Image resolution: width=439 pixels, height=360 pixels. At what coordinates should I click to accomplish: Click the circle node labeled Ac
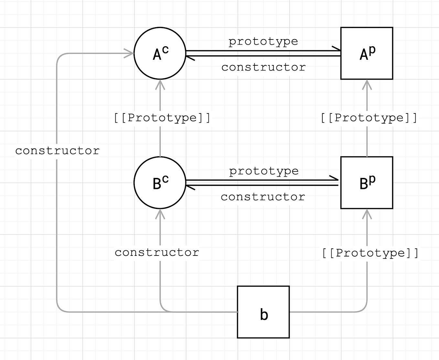160,53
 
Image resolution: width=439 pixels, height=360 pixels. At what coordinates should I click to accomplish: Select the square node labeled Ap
367,53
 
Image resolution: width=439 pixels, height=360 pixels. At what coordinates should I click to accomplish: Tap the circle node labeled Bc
160,183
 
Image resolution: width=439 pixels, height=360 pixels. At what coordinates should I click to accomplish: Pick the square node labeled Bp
367,183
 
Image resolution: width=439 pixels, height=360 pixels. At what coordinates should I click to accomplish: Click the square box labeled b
263,312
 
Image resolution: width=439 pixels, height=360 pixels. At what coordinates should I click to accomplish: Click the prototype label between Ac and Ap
263,41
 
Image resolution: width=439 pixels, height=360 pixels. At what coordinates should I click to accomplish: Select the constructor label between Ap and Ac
263,67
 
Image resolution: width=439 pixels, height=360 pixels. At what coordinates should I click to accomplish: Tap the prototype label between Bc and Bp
264,171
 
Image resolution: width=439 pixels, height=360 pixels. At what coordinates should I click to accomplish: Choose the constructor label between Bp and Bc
263,197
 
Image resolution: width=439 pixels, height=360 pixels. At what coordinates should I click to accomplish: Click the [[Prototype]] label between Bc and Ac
162,117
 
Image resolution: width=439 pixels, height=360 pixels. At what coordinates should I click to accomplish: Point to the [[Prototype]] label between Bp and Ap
369,117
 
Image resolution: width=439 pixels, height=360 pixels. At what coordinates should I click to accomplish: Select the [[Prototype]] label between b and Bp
370,253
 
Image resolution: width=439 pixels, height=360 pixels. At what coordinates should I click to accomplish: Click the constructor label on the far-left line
57,151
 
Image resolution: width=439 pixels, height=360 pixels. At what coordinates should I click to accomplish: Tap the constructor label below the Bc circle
157,252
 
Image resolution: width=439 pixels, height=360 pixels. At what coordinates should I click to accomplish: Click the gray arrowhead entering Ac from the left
130,53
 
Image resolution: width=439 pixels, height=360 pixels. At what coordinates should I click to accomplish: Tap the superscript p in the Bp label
372,179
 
